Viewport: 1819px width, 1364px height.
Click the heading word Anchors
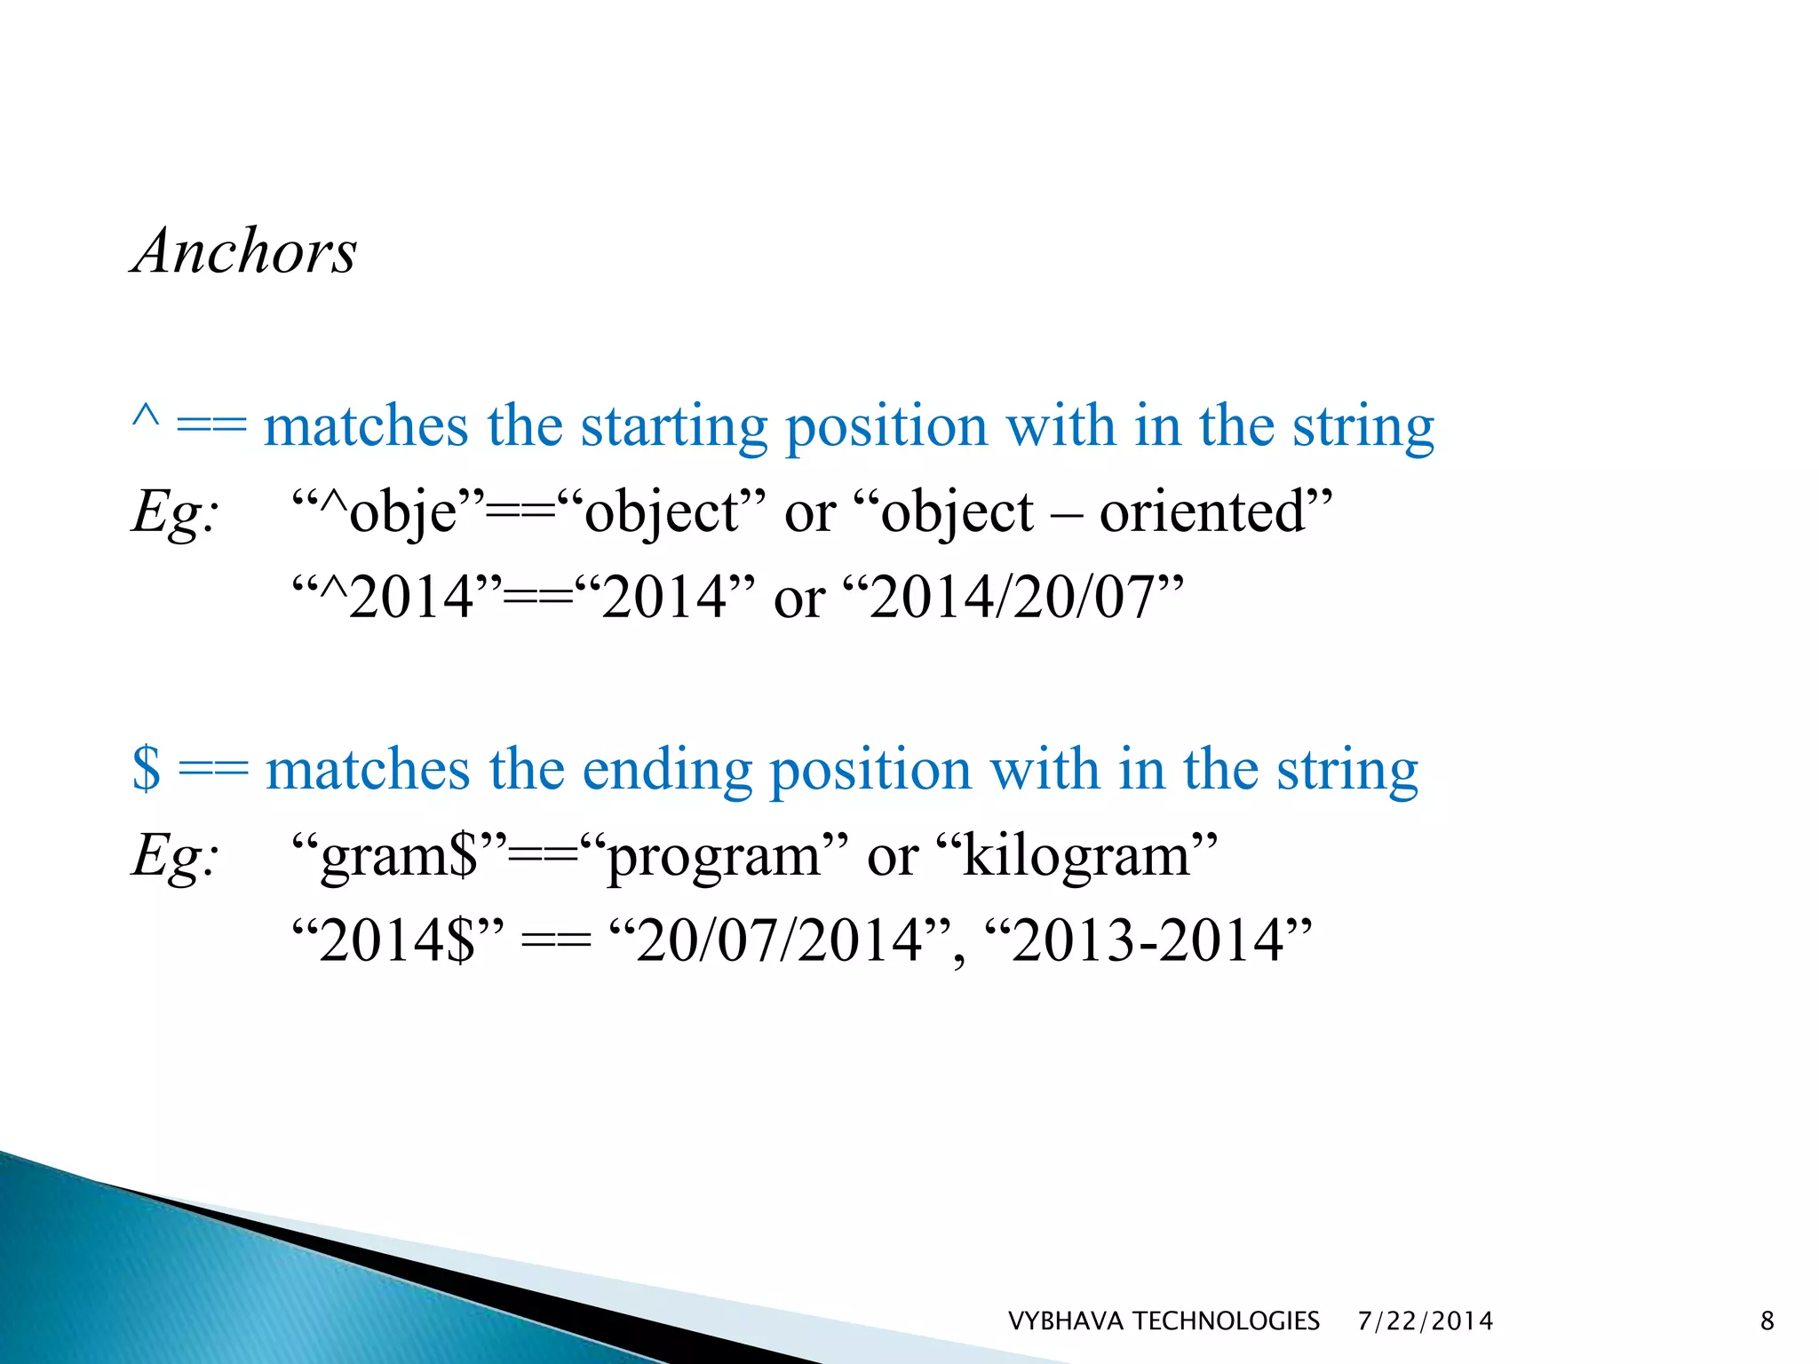[244, 251]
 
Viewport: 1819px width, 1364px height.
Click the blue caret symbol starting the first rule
[146, 417]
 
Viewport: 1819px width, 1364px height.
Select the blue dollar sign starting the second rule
[147, 769]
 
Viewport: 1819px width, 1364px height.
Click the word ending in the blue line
[666, 769]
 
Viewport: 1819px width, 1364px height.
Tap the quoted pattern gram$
[400, 856]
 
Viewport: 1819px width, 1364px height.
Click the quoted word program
[714, 856]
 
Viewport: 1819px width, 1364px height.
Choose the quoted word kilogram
[1076, 856]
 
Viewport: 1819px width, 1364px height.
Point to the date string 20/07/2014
[780, 941]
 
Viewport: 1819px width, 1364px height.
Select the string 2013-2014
[1148, 941]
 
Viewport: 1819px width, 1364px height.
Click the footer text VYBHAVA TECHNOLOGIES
[1164, 1321]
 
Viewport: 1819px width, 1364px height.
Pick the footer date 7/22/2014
[1426, 1321]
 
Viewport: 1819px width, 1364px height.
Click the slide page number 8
[1767, 1321]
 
